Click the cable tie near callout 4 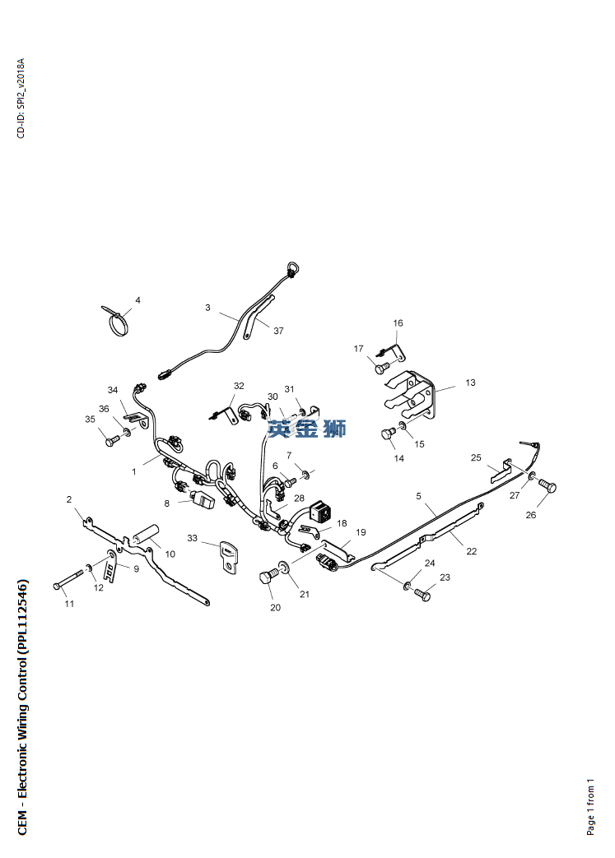pos(116,321)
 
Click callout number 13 pos(470,383)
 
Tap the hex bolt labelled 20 pos(268,578)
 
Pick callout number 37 pos(279,331)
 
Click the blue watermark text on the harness pos(307,428)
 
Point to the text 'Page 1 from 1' pos(590,806)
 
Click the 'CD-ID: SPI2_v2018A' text pos(21,98)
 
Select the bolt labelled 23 pos(422,595)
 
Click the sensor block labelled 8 pos(203,499)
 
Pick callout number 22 pos(472,551)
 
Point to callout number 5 pos(418,496)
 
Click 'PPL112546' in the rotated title pos(22,610)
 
